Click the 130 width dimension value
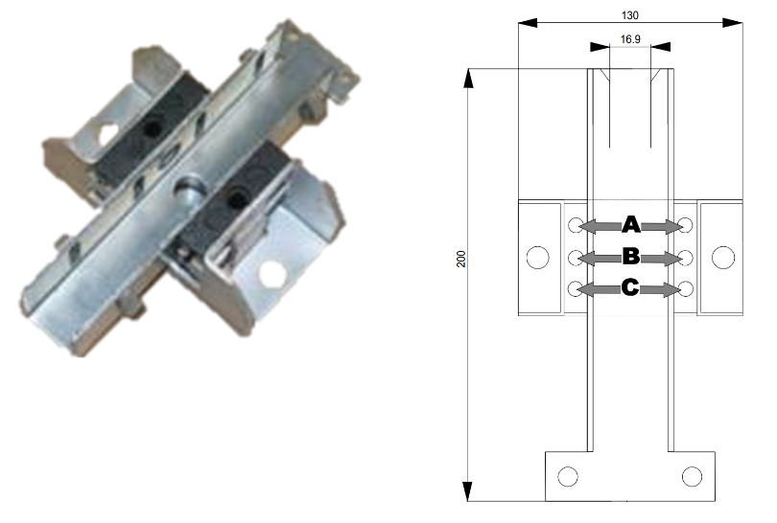[630, 14]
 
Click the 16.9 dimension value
[630, 40]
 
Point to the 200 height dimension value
[460, 261]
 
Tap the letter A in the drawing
[630, 225]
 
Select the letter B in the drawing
[630, 257]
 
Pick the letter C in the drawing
[630, 288]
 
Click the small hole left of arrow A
[575, 226]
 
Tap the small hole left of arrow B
[575, 258]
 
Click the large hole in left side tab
[537, 257]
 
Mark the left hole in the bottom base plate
[567, 476]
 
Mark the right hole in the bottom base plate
[693, 476]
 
